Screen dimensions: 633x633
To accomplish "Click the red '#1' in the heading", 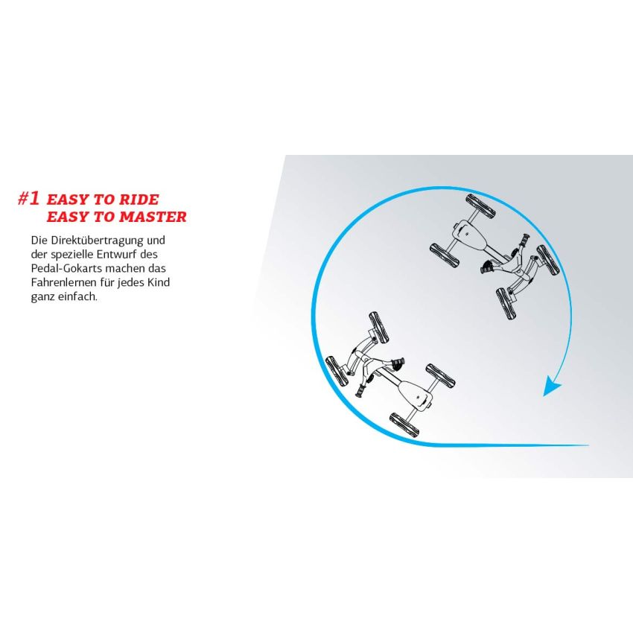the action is click(28, 199).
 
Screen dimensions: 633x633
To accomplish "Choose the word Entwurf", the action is click(115, 255).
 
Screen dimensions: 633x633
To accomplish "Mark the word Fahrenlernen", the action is click(64, 282).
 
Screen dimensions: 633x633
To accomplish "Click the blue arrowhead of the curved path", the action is click(552, 386).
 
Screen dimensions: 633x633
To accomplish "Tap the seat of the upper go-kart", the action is click(468, 235).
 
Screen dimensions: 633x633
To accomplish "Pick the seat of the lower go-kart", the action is click(416, 395).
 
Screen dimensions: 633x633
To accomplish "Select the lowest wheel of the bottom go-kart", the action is click(404, 424).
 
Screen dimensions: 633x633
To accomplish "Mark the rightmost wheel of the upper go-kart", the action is click(548, 260).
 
